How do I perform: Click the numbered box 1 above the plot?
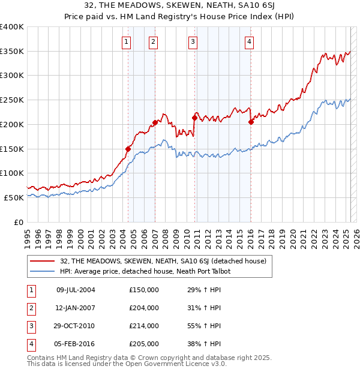(127, 41)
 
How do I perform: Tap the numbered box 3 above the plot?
(193, 41)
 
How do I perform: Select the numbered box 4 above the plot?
(248, 41)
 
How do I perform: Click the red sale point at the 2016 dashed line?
(251, 122)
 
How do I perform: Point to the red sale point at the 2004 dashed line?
(128, 149)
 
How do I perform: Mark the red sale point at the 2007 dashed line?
(155, 122)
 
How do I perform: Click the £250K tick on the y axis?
(12, 100)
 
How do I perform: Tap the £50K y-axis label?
(14, 197)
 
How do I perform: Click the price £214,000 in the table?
(144, 326)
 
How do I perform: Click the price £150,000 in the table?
(144, 290)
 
